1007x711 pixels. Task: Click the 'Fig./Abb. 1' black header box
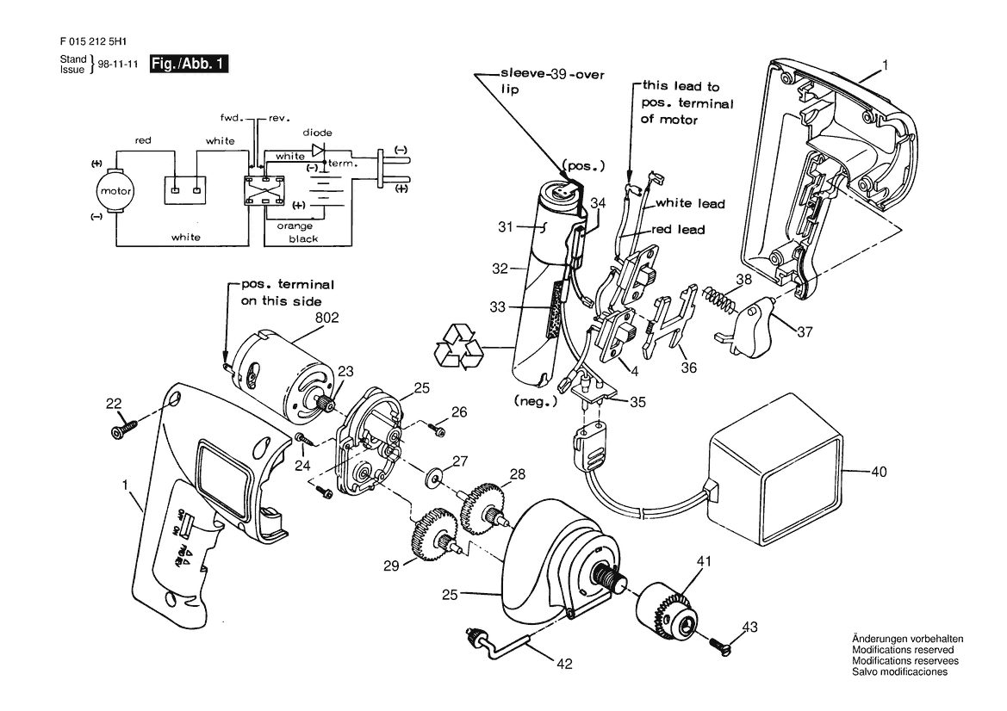[x=189, y=65]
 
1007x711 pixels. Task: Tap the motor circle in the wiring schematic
[x=116, y=190]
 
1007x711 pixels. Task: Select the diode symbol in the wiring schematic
[x=318, y=150]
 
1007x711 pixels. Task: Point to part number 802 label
[x=326, y=318]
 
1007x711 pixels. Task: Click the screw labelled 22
[x=126, y=428]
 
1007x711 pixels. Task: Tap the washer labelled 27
[x=436, y=478]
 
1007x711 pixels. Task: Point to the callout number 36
[x=688, y=368]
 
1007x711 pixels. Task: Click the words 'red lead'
[x=678, y=230]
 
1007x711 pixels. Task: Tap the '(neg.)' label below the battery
[x=537, y=401]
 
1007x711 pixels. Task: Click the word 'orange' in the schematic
[x=295, y=226]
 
